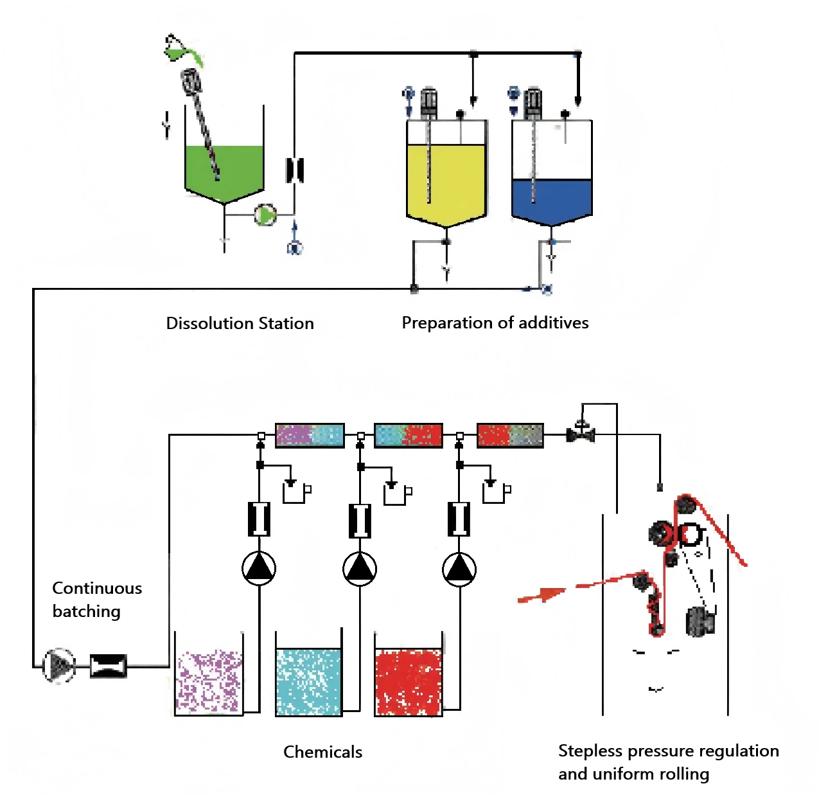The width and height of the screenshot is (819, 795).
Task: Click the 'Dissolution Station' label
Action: [240, 323]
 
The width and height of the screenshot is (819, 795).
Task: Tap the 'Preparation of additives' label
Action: [495, 323]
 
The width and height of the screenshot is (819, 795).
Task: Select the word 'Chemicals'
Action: [323, 752]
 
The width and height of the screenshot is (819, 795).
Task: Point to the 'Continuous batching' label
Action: [97, 600]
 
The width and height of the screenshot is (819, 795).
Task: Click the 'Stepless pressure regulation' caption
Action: [669, 751]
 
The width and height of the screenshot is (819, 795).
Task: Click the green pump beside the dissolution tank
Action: [265, 215]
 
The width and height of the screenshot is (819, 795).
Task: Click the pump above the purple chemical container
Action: [259, 569]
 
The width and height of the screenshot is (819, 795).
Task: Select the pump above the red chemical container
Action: [459, 569]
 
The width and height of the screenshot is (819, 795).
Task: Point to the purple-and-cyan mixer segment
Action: [310, 435]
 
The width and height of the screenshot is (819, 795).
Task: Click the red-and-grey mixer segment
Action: [510, 435]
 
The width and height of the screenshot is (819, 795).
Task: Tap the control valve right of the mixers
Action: [581, 432]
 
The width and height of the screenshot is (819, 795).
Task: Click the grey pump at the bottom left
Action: [59, 665]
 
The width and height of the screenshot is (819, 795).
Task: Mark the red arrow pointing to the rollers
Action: [542, 595]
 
